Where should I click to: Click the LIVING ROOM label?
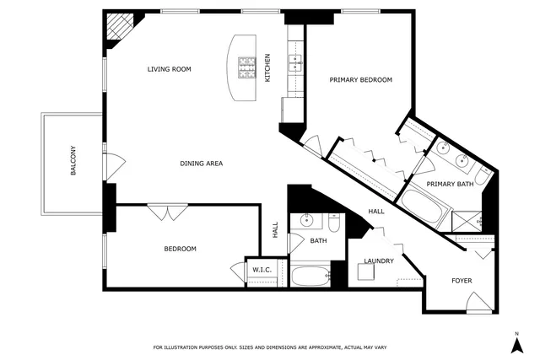pyautogui.click(x=169, y=69)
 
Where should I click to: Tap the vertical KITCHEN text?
pyautogui.click(x=267, y=68)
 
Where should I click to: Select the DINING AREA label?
pyautogui.click(x=201, y=163)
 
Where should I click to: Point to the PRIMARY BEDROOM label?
pyautogui.click(x=360, y=80)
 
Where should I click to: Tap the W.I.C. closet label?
pyautogui.click(x=260, y=270)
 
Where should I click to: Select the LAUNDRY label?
pyautogui.click(x=379, y=261)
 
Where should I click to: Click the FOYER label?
pyautogui.click(x=462, y=280)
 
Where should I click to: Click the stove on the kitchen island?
pyautogui.click(x=246, y=67)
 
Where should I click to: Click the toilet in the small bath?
pyautogui.click(x=334, y=223)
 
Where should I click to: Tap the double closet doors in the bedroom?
pyautogui.click(x=164, y=212)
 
